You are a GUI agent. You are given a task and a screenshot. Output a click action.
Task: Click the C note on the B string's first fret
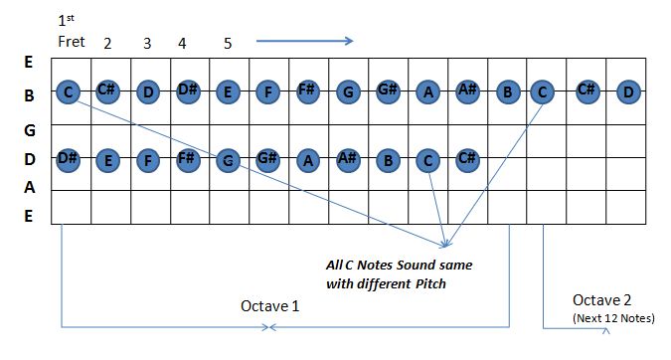tap(69, 93)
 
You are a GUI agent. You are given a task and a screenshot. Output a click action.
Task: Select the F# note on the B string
tap(307, 92)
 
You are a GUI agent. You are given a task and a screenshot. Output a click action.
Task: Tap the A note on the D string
tap(308, 158)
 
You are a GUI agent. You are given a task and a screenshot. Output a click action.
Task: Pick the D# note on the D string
tap(69, 158)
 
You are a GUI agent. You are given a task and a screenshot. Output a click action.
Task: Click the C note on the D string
tap(428, 158)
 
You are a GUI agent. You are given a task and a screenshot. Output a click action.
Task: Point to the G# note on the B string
tap(388, 92)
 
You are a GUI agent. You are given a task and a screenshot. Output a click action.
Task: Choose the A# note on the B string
tap(468, 92)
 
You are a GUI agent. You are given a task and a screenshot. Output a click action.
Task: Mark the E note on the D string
tap(108, 158)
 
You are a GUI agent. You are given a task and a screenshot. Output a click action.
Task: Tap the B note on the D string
tap(389, 158)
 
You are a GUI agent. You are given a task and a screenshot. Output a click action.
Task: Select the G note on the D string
tap(228, 158)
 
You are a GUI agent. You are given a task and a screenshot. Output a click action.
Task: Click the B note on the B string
tap(508, 93)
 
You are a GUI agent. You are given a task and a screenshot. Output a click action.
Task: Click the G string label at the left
tap(29, 129)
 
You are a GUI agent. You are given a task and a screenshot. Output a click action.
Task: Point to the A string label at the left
tap(29, 187)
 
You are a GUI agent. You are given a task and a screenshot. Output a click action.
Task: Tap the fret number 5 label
tap(228, 43)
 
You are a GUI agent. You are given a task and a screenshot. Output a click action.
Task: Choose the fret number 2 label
tap(107, 43)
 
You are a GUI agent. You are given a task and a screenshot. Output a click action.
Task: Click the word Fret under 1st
tap(72, 42)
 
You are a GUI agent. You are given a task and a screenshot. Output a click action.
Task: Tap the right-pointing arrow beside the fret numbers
tap(305, 41)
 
